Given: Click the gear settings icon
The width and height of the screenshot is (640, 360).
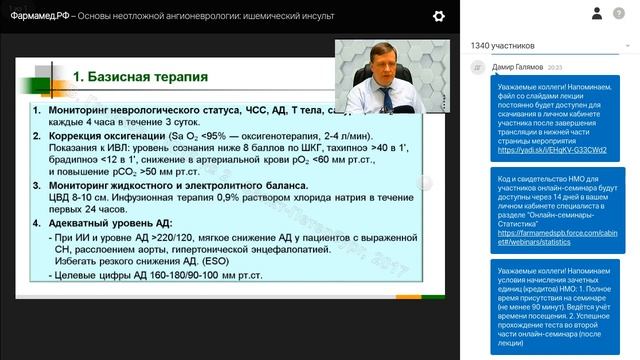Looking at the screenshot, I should (439, 16).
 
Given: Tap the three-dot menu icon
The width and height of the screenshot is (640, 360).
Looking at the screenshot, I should (624, 15).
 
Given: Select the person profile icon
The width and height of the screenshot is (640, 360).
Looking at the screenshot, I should (596, 15).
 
